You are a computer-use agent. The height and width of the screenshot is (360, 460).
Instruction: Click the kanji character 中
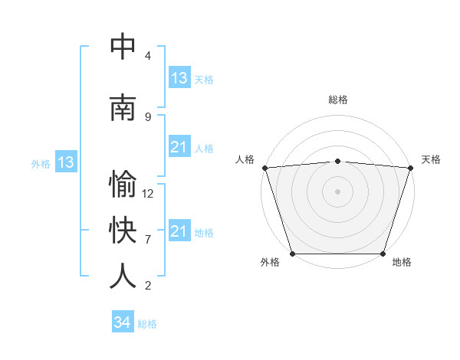(x=123, y=47)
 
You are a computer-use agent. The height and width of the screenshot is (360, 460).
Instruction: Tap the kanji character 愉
(x=123, y=185)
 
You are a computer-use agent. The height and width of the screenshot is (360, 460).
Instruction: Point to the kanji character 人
(x=123, y=276)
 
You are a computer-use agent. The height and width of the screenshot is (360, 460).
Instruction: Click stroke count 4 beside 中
(x=148, y=56)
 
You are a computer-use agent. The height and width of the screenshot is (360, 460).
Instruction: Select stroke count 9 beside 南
(x=148, y=116)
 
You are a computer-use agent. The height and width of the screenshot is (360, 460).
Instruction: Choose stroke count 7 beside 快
(x=148, y=239)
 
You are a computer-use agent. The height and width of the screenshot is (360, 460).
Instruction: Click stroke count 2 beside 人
(x=148, y=285)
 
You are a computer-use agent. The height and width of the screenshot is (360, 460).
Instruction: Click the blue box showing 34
(x=123, y=322)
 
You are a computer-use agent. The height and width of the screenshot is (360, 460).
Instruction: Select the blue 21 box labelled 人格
(x=179, y=147)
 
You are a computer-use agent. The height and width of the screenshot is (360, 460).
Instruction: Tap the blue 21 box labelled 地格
(x=179, y=231)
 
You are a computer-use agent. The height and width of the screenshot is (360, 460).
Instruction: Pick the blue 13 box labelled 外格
(x=65, y=162)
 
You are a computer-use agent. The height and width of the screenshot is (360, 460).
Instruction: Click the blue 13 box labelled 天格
(x=179, y=78)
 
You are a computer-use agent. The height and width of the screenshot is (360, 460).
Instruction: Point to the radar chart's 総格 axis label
(x=337, y=100)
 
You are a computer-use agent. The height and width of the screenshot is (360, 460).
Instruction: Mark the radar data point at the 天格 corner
(x=410, y=168)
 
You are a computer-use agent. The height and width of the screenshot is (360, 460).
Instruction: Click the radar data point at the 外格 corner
(x=292, y=254)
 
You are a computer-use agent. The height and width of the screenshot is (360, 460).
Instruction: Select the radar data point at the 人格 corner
(x=264, y=168)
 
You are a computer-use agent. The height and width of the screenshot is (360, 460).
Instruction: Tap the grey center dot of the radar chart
(x=337, y=191)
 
